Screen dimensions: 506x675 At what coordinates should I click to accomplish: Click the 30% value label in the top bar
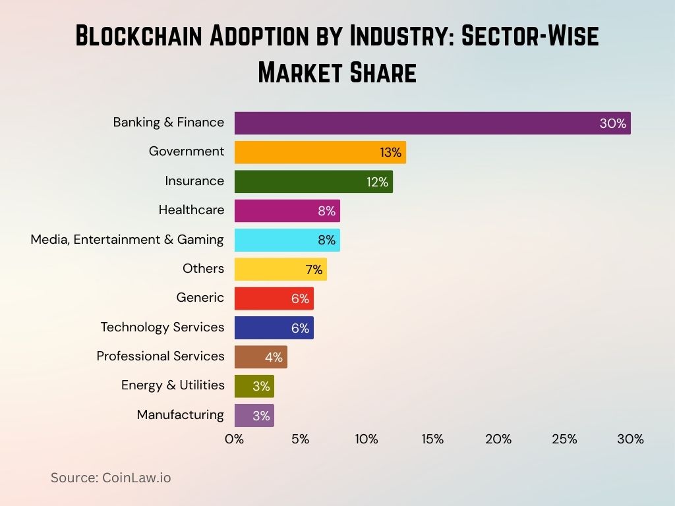pyautogui.click(x=612, y=123)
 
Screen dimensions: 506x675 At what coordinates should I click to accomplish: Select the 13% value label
pyautogui.click(x=390, y=153)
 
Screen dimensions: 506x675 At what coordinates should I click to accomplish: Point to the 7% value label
pyautogui.click(x=313, y=269)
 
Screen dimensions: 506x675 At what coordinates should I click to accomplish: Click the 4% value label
pyautogui.click(x=274, y=357)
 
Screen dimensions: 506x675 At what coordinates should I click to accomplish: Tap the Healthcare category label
pyautogui.click(x=191, y=210)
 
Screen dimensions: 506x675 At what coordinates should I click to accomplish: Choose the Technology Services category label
pyautogui.click(x=162, y=327)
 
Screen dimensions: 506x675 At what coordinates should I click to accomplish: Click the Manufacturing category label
pyautogui.click(x=180, y=414)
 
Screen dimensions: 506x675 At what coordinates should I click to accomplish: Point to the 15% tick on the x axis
pyautogui.click(x=432, y=439)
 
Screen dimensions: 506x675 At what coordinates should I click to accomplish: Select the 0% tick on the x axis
pyautogui.click(x=234, y=439)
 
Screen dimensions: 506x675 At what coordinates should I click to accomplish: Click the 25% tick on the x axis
pyautogui.click(x=564, y=439)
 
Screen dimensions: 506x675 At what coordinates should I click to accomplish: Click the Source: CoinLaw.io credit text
pyautogui.click(x=111, y=478)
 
